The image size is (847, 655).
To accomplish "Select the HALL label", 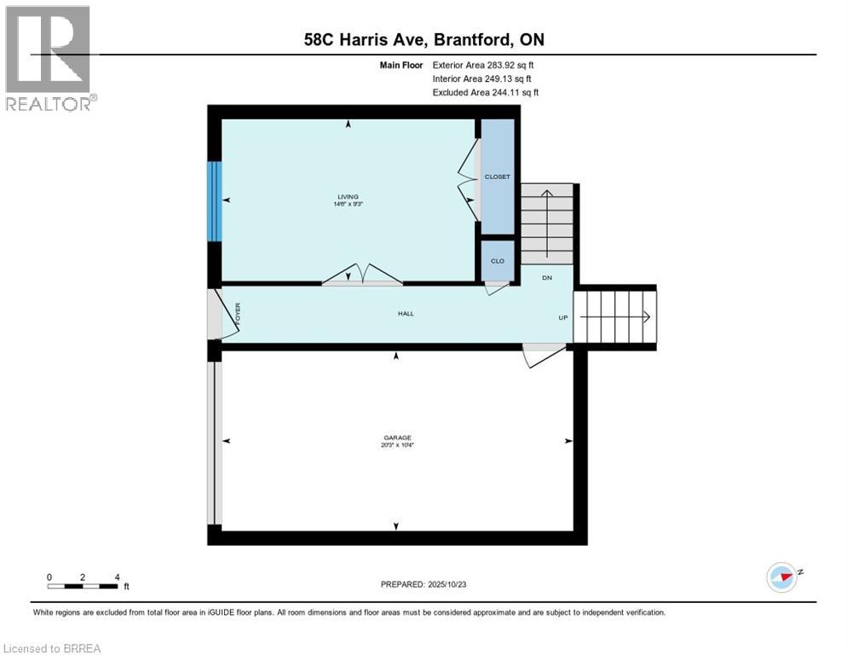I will click(x=406, y=314).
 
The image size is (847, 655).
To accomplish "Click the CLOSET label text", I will click(x=497, y=177).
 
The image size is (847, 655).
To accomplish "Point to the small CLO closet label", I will click(x=498, y=261).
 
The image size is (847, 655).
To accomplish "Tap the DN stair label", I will click(x=547, y=278).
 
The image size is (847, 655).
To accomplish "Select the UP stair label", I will click(x=562, y=317).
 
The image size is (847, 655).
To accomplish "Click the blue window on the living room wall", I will click(x=216, y=201).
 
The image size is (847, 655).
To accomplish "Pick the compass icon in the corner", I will click(x=781, y=576).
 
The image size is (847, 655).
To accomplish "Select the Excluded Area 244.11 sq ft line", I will click(x=486, y=92).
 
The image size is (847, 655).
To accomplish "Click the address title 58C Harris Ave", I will click(x=423, y=39).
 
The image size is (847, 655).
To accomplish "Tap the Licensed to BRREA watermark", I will click(x=53, y=648).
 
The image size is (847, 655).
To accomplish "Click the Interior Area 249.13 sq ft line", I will click(x=484, y=78).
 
